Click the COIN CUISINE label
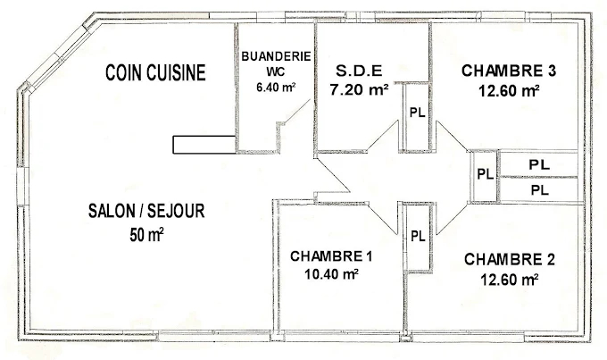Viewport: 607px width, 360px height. (x=155, y=72)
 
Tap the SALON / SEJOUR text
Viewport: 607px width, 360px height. (x=146, y=211)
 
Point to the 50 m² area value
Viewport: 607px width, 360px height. (x=146, y=235)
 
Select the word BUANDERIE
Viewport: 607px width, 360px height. (x=276, y=56)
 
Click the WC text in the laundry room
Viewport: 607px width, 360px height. (x=276, y=72)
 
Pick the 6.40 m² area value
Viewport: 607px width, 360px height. (x=276, y=88)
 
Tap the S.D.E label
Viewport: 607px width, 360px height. (x=359, y=71)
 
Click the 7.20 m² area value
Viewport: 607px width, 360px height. (x=359, y=90)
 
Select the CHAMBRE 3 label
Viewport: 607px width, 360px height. (x=509, y=71)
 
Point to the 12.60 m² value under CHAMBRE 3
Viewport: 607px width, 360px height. (x=509, y=91)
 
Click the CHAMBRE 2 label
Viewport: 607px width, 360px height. (x=510, y=259)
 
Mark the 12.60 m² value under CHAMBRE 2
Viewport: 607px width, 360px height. (x=510, y=279)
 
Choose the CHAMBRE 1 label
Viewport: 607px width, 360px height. (x=331, y=256)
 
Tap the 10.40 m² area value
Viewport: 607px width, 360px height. (x=331, y=274)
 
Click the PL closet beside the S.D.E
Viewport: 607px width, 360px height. (x=418, y=113)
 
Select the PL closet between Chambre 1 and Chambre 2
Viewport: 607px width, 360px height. (x=418, y=236)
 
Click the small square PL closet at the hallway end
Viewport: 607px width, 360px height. (x=485, y=174)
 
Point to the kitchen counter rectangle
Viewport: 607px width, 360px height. (x=204, y=145)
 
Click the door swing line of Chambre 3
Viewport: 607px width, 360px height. (x=453, y=136)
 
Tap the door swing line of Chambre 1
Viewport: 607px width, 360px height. (x=382, y=219)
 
